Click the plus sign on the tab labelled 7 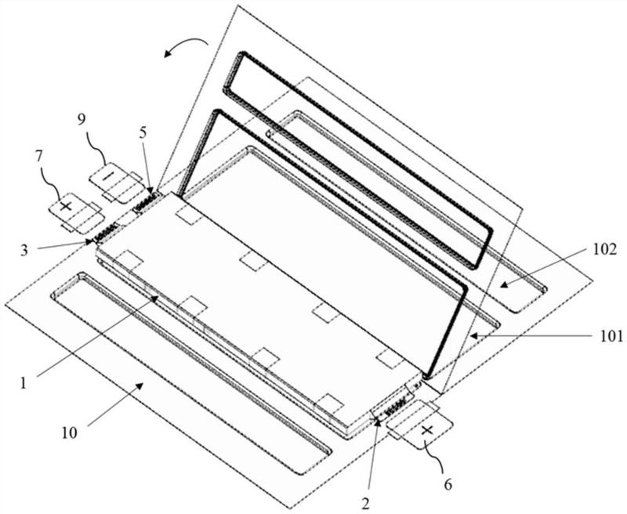coord(66,206)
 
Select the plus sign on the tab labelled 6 coord(427,431)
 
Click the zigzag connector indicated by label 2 coord(394,406)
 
